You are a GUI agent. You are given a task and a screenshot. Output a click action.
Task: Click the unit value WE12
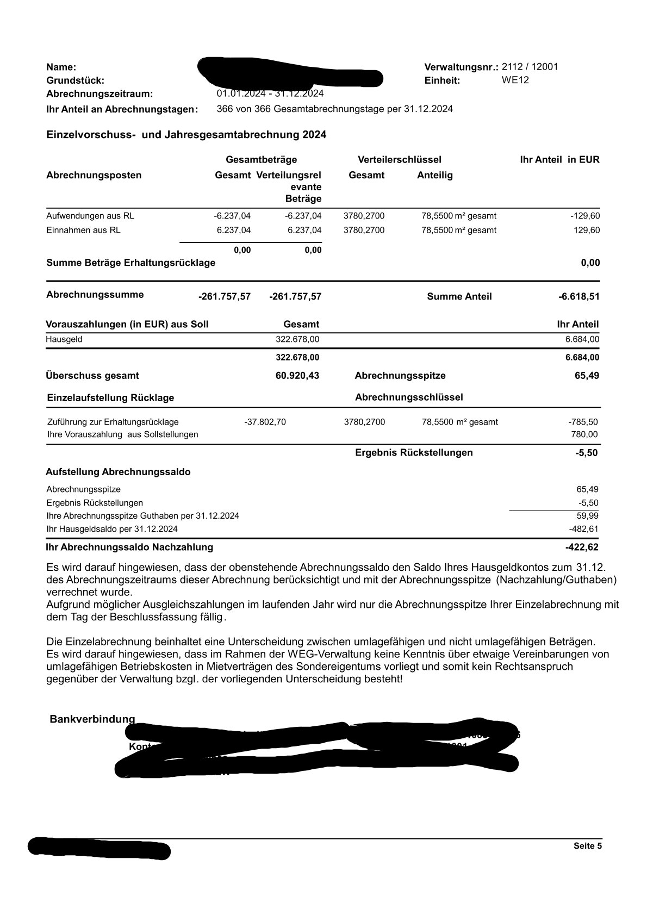click(515, 80)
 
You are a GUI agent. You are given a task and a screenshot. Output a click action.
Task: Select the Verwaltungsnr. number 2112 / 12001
click(530, 67)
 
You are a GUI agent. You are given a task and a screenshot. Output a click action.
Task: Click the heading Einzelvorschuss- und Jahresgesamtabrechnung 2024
click(186, 135)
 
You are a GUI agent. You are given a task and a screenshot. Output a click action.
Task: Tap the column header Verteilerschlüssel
click(399, 160)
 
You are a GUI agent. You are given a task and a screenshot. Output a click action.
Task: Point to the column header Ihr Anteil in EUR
click(559, 160)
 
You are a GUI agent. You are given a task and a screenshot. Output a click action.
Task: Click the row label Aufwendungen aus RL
click(90, 216)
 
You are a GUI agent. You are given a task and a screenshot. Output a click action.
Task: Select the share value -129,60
click(584, 216)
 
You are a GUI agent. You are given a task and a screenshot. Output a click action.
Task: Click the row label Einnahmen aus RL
click(83, 230)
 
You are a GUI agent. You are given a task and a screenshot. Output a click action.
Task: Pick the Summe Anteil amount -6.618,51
click(578, 297)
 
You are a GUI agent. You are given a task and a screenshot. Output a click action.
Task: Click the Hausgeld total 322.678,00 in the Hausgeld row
click(297, 339)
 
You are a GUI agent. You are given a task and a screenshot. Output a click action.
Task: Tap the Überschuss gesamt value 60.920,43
click(297, 376)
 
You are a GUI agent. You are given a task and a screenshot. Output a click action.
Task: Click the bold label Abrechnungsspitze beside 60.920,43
click(400, 376)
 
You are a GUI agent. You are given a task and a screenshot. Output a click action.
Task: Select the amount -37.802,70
click(265, 422)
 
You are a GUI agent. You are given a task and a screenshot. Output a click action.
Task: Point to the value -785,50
click(583, 422)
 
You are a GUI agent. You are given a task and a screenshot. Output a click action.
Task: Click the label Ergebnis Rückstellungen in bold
click(414, 453)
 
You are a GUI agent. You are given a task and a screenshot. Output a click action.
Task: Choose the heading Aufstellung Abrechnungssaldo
click(118, 472)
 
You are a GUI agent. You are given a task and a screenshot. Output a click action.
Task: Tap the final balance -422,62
click(582, 547)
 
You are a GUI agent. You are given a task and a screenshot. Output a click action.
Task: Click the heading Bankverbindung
click(92, 719)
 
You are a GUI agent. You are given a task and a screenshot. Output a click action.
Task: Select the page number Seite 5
click(587, 846)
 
